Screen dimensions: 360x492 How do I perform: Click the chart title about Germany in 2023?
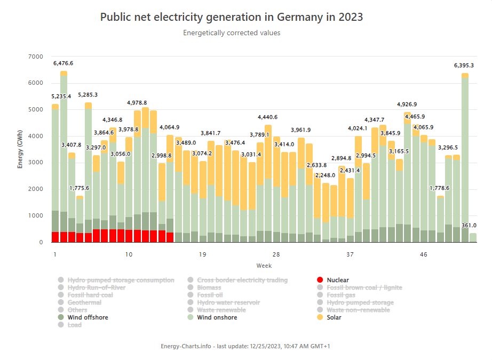pos(232,17)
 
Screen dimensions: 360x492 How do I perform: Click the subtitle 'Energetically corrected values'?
pos(232,33)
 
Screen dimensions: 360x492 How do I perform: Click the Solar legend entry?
pos(334,317)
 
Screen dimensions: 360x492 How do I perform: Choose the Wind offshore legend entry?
pos(88,317)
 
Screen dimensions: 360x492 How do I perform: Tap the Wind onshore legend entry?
pos(217,317)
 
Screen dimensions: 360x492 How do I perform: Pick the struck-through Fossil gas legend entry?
pos(341,295)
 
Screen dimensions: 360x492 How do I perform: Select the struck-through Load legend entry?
pos(75,325)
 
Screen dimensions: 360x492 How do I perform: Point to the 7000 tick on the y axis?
pos(35,57)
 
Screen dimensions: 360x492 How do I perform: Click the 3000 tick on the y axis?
pos(35,163)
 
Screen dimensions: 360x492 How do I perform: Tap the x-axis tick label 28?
pos(276,255)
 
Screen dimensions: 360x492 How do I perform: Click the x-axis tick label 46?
pos(424,255)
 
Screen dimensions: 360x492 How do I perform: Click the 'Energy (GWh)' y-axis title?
pos(20,149)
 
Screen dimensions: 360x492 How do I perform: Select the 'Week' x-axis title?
pos(264,265)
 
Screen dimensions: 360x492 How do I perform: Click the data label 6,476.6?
pos(64,63)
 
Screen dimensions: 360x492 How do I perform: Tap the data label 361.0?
pos(469,226)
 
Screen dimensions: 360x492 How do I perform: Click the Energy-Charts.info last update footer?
pos(245,346)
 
